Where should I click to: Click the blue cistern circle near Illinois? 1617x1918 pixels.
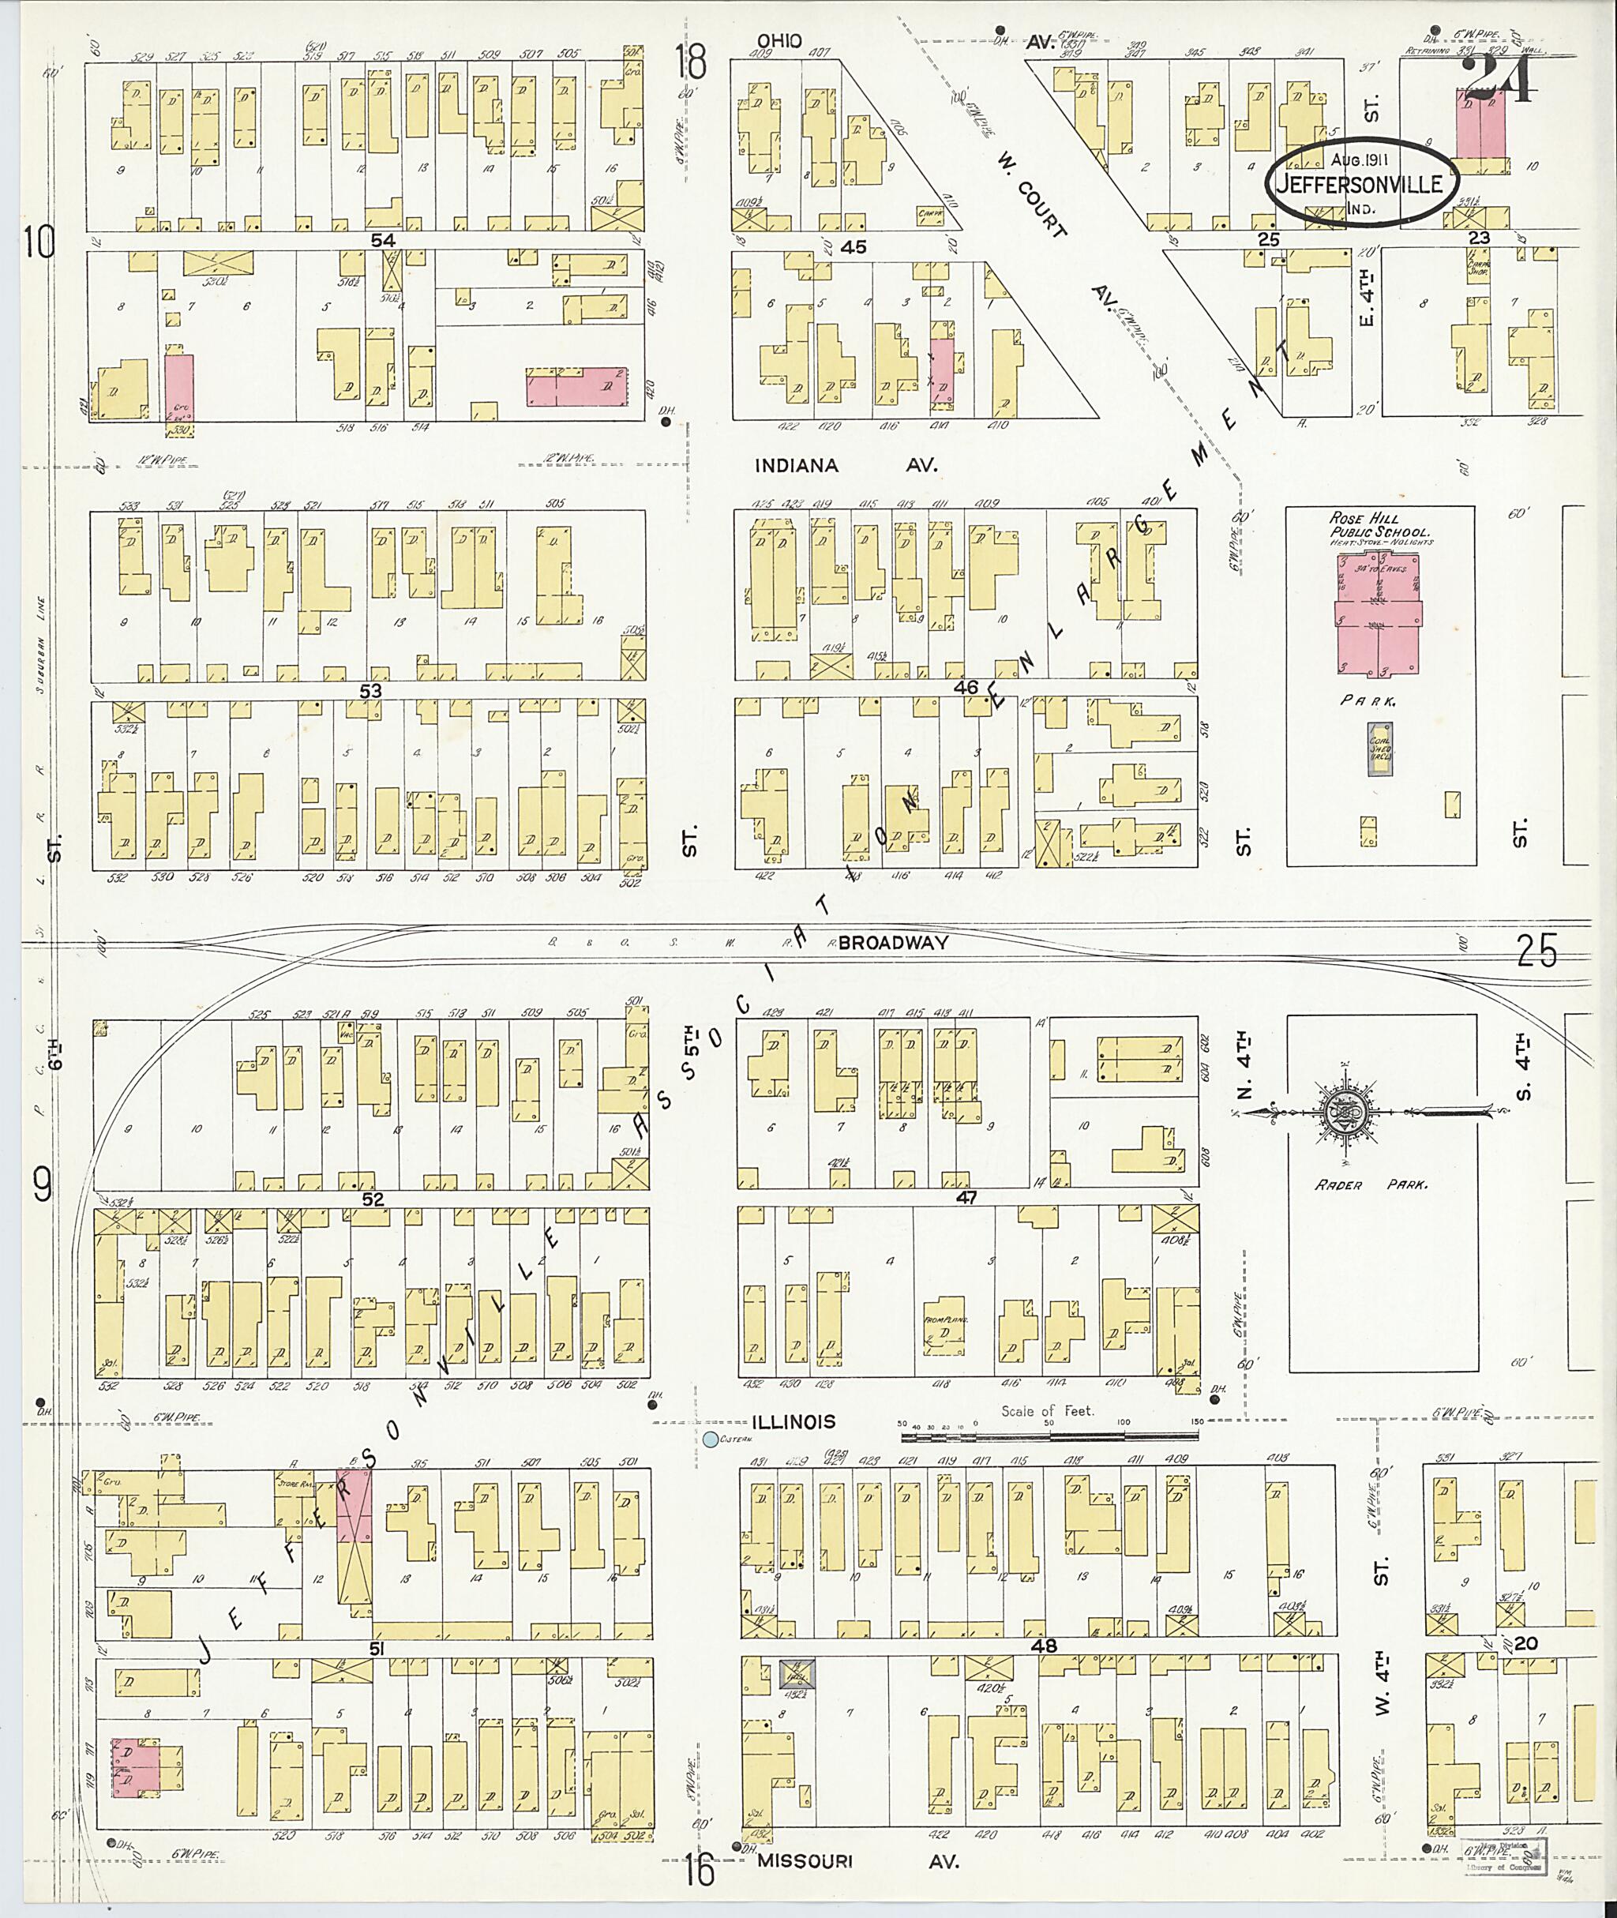pos(710,1439)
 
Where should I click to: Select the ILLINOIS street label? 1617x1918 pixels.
pos(793,1422)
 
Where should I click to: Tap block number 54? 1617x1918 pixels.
pos(382,238)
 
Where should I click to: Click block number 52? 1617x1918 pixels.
pos(371,1199)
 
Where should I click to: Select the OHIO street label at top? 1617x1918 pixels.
pos(779,40)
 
